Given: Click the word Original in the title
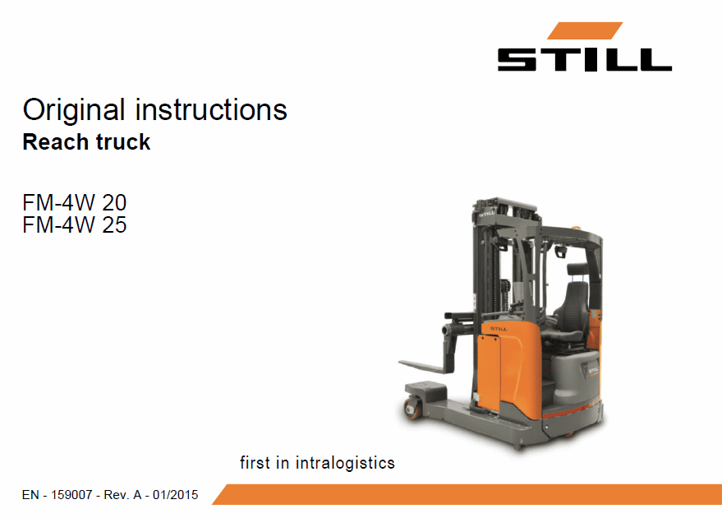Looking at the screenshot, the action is [74, 111].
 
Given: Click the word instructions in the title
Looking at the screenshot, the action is [211, 109].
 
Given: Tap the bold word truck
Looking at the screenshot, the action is [123, 142].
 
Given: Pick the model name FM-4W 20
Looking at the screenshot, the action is [75, 203].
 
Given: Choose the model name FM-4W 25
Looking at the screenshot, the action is [75, 225].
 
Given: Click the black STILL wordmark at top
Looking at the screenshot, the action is [584, 60].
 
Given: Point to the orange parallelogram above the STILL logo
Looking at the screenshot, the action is [585, 30].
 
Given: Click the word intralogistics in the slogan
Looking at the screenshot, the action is [345, 463].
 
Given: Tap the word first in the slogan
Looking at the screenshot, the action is [255, 463].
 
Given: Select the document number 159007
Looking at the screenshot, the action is [71, 495].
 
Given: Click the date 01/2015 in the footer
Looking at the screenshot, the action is [176, 495].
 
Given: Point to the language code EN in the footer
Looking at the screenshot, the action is [30, 495].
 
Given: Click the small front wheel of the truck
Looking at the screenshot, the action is [412, 409].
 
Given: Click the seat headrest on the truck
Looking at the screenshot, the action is [577, 269].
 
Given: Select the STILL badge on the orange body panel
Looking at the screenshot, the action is [499, 329].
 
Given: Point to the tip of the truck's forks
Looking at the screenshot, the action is [400, 363].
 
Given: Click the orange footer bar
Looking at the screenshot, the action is [467, 494].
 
